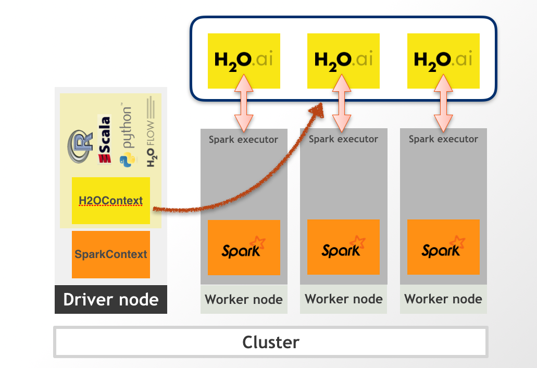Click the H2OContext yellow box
(111, 201)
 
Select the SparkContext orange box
(111, 254)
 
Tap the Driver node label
(111, 299)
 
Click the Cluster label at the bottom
(271, 342)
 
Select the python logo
(126, 138)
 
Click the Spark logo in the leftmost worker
(244, 248)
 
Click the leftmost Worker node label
(244, 300)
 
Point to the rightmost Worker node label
(443, 299)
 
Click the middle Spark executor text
(343, 139)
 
